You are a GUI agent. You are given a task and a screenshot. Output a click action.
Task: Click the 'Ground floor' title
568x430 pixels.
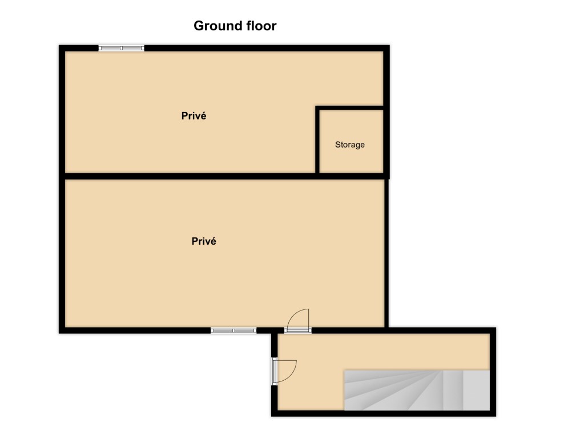[x=235, y=26]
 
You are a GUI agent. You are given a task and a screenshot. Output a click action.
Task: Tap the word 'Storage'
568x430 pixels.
[x=349, y=145]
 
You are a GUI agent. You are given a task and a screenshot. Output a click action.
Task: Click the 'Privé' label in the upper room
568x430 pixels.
[x=194, y=116]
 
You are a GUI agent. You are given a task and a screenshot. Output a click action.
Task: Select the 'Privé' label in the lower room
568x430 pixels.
[x=204, y=241]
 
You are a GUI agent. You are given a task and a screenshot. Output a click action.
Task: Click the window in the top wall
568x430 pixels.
[x=122, y=48]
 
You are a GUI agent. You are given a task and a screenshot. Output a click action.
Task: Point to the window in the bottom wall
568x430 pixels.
[x=233, y=331]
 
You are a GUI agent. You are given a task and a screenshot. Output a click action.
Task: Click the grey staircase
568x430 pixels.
[x=417, y=391]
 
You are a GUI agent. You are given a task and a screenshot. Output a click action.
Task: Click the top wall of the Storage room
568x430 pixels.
[x=349, y=108]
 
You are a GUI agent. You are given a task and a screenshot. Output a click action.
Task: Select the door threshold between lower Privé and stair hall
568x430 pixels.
[x=298, y=330]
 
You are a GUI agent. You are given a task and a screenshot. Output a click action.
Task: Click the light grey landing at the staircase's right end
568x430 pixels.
[x=476, y=391]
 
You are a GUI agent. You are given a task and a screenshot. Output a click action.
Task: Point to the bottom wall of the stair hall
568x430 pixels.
[x=384, y=413]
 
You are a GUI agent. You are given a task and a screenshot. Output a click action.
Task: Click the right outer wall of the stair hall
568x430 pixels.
[x=493, y=372]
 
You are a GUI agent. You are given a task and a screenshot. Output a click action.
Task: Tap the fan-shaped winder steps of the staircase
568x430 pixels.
[x=393, y=391]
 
